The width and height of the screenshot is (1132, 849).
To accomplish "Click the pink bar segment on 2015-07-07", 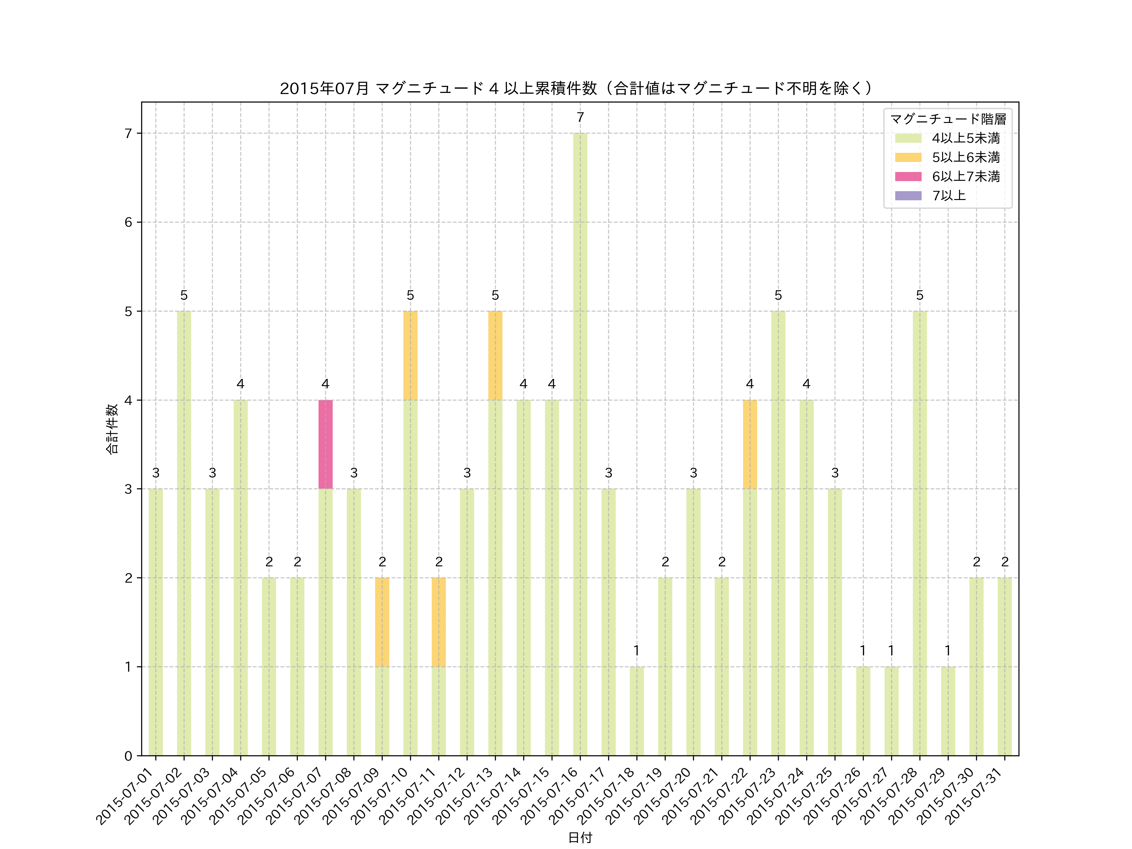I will [325, 444].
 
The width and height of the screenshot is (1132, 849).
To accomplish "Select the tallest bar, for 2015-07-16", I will [580, 444].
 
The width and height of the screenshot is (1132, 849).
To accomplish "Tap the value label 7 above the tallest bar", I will [580, 117].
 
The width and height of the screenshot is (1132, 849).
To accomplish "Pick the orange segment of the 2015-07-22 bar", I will [750, 444].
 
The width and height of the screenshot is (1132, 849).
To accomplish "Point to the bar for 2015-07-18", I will [637, 711].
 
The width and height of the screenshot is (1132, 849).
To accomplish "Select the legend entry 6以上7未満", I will [965, 176].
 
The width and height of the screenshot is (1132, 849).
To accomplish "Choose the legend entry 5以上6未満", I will [965, 157].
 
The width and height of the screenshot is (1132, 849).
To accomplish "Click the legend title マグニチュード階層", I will [948, 119].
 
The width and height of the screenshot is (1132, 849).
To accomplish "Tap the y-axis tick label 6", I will [128, 222].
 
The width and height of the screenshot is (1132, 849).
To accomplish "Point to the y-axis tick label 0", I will [128, 756].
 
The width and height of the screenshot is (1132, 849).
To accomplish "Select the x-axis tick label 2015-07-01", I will [125, 796].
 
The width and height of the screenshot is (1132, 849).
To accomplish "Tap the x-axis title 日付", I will [580, 837].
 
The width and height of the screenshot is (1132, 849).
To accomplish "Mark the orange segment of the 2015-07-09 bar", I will [382, 622].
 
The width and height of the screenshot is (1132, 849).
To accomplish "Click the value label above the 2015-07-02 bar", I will [184, 295].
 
